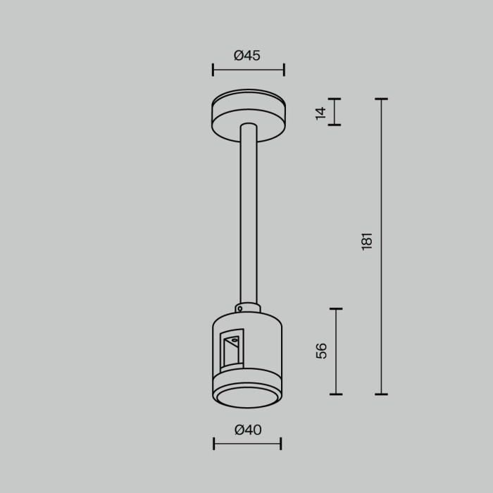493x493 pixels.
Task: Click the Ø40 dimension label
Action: click(247, 430)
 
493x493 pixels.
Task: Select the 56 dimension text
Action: click(321, 351)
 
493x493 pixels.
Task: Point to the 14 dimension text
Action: click(320, 112)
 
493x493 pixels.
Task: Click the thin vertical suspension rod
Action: click(249, 218)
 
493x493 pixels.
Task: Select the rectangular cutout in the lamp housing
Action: click(231, 349)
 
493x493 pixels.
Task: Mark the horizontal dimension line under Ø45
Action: click(248, 70)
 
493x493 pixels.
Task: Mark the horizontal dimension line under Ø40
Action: click(247, 444)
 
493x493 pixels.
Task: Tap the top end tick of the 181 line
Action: click(381, 99)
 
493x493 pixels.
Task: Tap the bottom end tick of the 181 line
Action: click(381, 394)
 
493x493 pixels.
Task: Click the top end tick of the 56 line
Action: click(336, 308)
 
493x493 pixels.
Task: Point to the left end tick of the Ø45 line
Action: click(213, 70)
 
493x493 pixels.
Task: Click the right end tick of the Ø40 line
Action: click(281, 444)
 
